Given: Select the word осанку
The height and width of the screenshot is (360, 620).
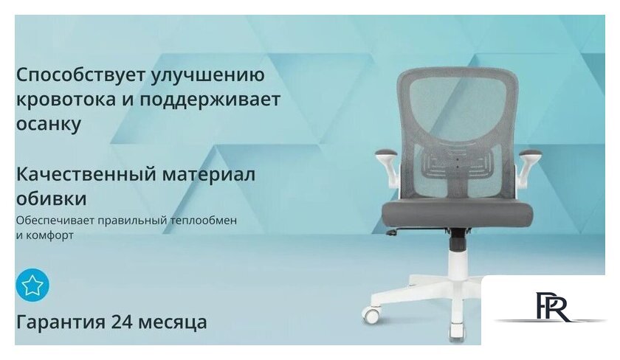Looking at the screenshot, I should tap(49, 123).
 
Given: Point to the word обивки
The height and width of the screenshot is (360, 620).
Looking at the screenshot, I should tap(51, 199).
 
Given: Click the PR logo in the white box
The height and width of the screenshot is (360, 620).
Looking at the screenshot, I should tap(551, 307).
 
